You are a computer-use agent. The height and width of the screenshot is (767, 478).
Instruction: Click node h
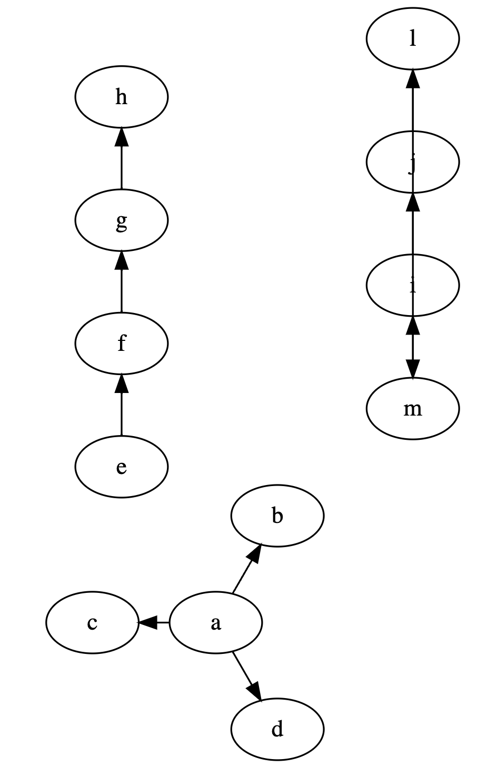tap(121, 97)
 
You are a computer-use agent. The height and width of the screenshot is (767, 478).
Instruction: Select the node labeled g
tap(121, 220)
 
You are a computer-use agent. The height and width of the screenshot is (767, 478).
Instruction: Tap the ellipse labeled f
tap(121, 343)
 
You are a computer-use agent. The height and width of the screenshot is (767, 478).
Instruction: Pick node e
tap(121, 467)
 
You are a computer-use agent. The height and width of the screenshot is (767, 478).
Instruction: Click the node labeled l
tap(413, 38)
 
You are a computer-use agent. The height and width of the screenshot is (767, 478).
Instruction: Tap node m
tap(413, 408)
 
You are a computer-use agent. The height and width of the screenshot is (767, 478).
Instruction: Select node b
tap(277, 516)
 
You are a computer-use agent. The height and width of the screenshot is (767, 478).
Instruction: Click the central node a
tap(215, 623)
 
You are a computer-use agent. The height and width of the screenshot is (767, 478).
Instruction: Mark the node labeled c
tap(92, 623)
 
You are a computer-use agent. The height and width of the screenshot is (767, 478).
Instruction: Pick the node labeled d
tap(277, 730)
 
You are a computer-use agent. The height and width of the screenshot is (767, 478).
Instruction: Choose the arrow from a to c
tap(153, 623)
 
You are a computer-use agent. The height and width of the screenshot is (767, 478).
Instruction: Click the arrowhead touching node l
tap(413, 78)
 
